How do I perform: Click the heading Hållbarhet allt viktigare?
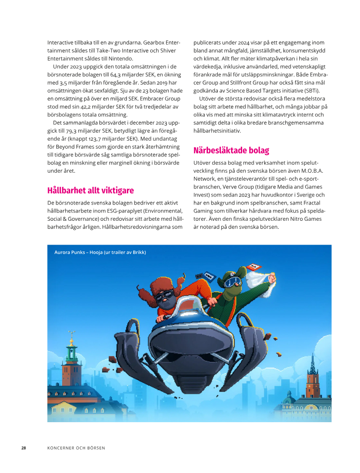90,190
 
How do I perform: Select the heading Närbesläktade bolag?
231,150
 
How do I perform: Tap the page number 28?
24,448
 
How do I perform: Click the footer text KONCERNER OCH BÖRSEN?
76,448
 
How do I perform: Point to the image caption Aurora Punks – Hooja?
100,252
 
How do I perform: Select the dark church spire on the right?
312,364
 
